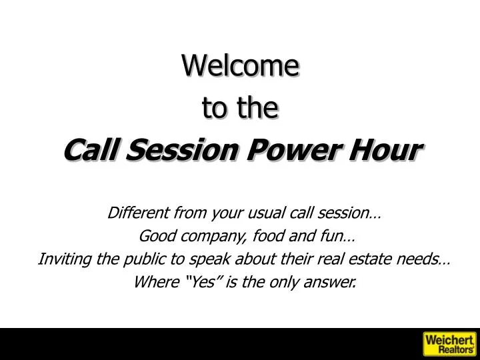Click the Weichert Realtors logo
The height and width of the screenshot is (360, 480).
click(449, 343)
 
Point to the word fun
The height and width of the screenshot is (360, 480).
click(332, 236)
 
